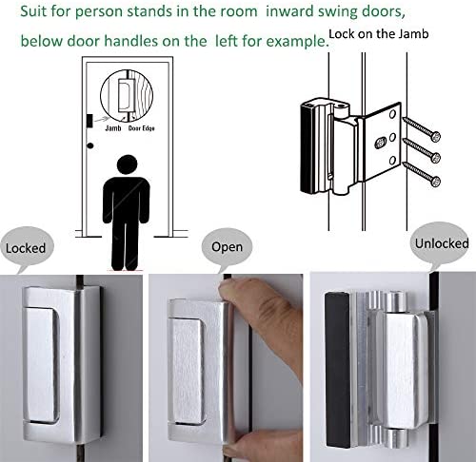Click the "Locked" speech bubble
(x=27, y=247)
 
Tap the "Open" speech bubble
(x=227, y=246)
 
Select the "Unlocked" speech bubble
(x=441, y=243)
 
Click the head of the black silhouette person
(x=127, y=164)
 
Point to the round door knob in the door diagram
(x=90, y=145)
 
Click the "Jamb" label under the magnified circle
(x=113, y=128)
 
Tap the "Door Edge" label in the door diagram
(x=142, y=128)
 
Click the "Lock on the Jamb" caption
(x=379, y=33)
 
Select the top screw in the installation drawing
(x=422, y=129)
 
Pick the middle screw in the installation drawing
(x=422, y=151)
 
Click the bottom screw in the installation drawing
(x=422, y=174)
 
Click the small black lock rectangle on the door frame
(x=89, y=121)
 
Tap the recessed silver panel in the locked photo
(x=42, y=365)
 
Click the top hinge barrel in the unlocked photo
(x=396, y=302)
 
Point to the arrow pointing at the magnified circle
(x=101, y=120)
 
